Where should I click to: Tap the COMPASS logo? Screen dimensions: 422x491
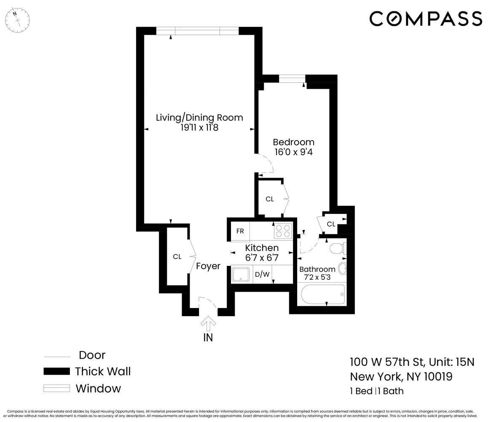tap(426, 19)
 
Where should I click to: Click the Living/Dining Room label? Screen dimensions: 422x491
tap(199, 117)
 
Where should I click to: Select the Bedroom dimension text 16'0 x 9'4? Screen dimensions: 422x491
tap(293, 152)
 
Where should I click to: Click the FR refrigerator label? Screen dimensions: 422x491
tap(240, 231)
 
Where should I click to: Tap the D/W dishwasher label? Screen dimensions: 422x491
tap(262, 275)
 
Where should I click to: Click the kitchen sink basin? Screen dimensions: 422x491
tap(241, 275)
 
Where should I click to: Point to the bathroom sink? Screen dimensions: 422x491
tap(342, 268)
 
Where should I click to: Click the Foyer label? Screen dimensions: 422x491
tap(208, 266)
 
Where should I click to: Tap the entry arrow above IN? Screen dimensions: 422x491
tap(208, 325)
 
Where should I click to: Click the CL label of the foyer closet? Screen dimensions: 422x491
tap(177, 257)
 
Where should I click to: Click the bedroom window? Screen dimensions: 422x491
tap(292, 78)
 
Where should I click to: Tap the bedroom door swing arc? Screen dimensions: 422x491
tap(267, 164)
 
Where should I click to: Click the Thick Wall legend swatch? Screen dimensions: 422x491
tap(57, 371)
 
